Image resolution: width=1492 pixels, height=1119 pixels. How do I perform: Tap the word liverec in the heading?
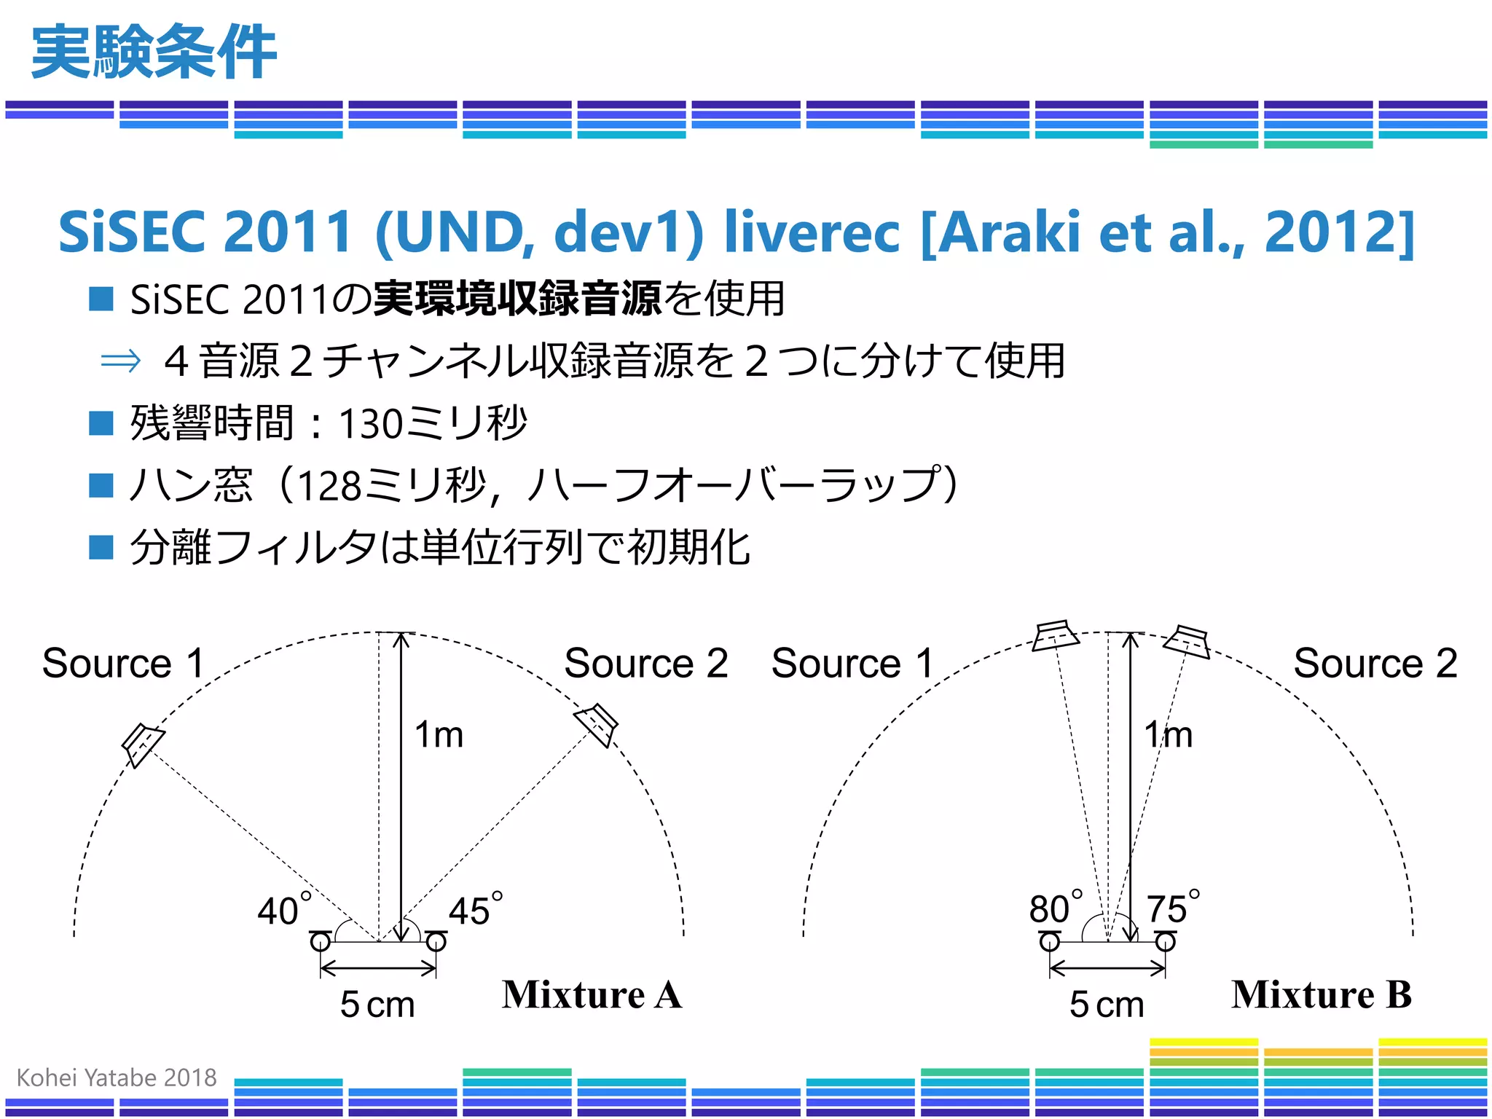coord(812,232)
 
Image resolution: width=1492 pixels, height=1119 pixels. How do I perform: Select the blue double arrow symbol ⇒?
coord(120,361)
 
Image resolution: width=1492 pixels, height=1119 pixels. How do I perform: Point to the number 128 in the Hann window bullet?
coord(329,486)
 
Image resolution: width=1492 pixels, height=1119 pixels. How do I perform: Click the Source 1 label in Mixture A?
coord(123,663)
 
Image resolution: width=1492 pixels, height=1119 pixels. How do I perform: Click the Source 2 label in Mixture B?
coord(1375,663)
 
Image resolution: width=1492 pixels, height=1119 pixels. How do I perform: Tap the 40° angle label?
coord(284,909)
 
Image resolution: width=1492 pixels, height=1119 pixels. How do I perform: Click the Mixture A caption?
coord(592,994)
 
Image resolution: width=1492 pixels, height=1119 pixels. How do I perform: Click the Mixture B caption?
coord(1321,994)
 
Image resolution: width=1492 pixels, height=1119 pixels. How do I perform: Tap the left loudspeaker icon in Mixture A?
coord(143,745)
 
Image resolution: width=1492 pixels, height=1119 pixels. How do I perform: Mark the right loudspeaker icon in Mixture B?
coord(1187,641)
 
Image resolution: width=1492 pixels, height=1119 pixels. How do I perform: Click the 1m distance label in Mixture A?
coord(439,734)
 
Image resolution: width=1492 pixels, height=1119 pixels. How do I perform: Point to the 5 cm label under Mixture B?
coord(1107,1005)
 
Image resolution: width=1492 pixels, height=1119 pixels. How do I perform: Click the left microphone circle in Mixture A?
coord(320,942)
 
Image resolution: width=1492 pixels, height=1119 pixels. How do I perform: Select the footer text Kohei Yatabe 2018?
coord(117,1077)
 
